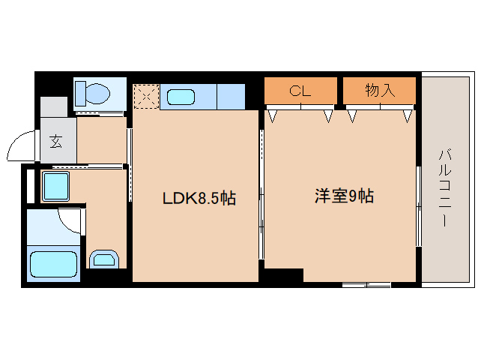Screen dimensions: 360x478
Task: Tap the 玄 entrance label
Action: click(56, 140)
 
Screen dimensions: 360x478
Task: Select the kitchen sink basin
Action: click(181, 97)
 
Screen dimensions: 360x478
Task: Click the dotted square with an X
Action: click(145, 96)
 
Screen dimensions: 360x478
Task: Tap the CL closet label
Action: click(300, 91)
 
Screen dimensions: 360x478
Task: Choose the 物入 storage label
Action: click(379, 91)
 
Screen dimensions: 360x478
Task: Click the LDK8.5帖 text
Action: click(199, 199)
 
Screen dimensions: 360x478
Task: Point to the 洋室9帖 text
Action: click(344, 197)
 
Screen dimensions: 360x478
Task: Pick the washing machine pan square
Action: click(55, 186)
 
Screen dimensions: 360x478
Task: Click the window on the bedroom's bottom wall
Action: click(366, 284)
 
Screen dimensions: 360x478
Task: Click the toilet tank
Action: click(81, 94)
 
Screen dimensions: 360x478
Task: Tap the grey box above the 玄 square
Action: click(54, 106)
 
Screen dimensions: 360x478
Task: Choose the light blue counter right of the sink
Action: click(231, 97)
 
